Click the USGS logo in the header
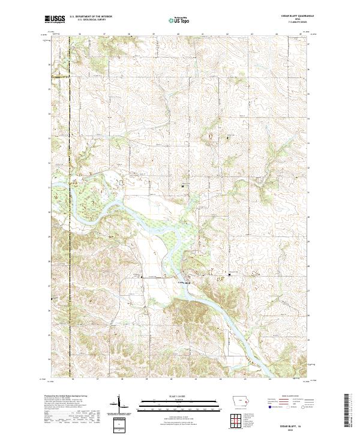click(55, 19)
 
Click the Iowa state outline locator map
click(241, 403)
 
